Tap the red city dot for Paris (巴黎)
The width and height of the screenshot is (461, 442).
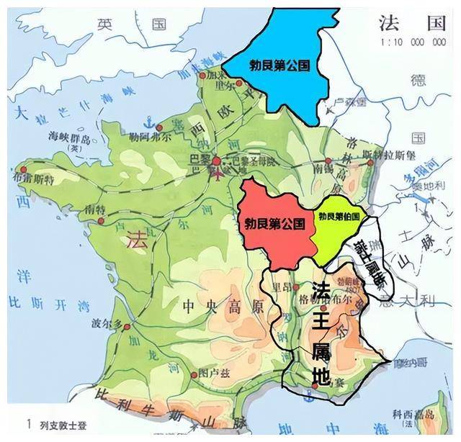[217, 165]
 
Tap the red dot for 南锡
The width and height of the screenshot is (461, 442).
[328, 161]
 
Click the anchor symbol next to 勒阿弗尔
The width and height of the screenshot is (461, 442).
[147, 119]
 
